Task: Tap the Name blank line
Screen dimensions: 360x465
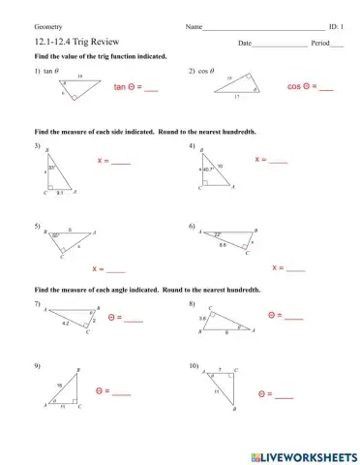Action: [263, 28]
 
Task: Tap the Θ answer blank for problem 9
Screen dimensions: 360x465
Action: [121, 392]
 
